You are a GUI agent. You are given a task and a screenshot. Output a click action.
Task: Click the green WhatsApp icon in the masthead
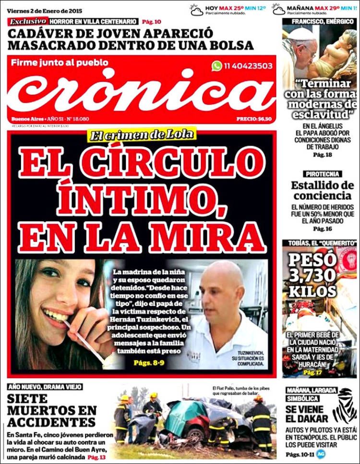217,66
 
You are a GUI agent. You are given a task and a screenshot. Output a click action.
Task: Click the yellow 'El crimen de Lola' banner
143,134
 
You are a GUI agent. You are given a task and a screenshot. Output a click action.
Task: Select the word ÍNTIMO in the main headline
143,198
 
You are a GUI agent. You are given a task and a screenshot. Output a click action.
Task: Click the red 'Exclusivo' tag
28,22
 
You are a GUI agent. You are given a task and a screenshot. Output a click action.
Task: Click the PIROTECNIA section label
323,174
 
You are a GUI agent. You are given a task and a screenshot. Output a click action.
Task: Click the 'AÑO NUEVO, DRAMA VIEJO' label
45,387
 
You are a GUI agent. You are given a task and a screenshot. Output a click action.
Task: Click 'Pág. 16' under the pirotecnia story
323,229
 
